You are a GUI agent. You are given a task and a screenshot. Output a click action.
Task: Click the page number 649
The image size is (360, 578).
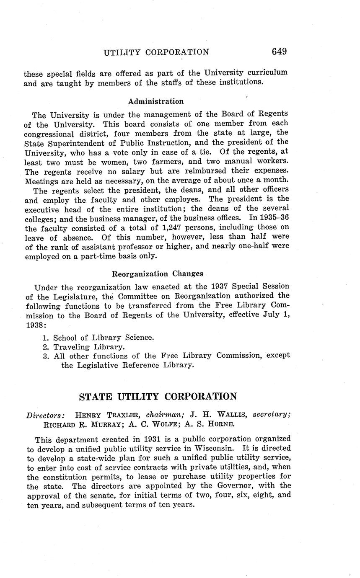click(279, 52)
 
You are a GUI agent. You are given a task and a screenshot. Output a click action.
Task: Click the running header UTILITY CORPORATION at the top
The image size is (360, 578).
click(156, 52)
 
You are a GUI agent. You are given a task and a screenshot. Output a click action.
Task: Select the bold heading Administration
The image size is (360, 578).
click(155, 101)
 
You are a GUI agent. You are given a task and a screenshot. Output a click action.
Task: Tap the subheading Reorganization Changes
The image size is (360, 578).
click(158, 274)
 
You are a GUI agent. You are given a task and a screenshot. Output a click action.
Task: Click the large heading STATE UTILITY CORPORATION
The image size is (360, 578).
click(158, 397)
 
